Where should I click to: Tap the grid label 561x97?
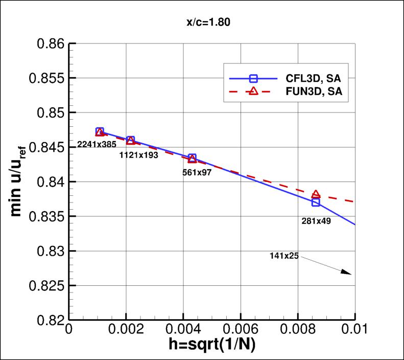(197, 172)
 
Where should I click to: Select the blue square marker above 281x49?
(316, 202)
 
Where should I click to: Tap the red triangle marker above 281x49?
(316, 194)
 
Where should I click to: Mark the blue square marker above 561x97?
(192, 157)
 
